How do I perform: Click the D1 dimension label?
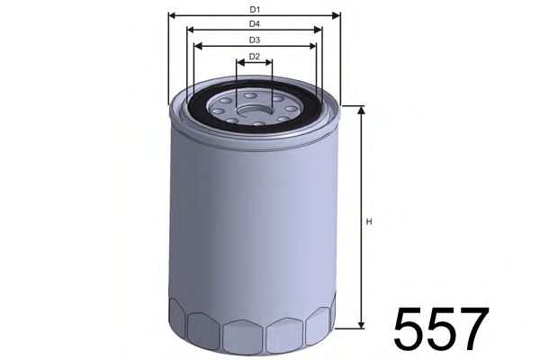coord(256,9)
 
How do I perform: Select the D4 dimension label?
coord(256,22)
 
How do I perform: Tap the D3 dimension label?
coord(256,40)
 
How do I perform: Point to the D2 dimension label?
coord(255,57)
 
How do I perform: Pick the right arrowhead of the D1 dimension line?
coord(338,15)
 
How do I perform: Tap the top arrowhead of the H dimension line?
coord(360,109)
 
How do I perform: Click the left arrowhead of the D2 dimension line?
coord(239,64)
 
